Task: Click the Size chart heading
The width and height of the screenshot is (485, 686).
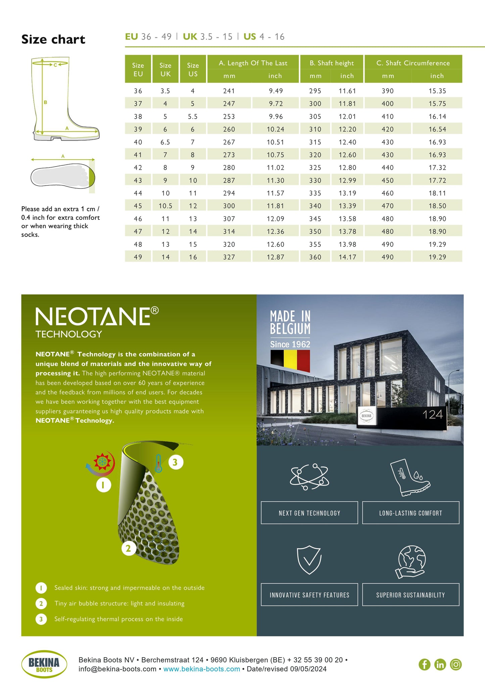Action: [x=53, y=40]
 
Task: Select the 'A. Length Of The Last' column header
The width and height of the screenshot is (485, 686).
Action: [x=253, y=63]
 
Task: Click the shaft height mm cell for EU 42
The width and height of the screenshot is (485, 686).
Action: [x=315, y=167]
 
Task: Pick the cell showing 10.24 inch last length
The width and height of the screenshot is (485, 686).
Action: [x=275, y=129]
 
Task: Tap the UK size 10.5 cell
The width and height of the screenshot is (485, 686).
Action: [x=165, y=206]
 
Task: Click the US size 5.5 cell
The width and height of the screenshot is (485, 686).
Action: [x=193, y=116]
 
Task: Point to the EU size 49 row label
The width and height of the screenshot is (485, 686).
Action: [x=138, y=257]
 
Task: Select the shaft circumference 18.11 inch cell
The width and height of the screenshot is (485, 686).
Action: [x=437, y=193]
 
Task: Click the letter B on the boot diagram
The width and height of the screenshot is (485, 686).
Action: [x=45, y=102]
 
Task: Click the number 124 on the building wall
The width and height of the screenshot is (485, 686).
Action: [x=433, y=415]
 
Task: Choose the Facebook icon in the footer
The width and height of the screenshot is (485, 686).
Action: [x=424, y=664]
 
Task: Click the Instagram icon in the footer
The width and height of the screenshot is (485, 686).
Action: [x=456, y=664]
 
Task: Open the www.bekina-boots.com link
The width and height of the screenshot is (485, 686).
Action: [x=201, y=669]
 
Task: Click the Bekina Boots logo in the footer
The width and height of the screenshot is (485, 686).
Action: [x=44, y=664]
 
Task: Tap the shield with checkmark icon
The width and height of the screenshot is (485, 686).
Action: [x=309, y=560]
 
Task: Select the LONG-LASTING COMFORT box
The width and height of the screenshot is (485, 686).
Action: [x=410, y=513]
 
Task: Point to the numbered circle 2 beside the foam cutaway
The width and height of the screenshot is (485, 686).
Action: [x=128, y=548]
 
